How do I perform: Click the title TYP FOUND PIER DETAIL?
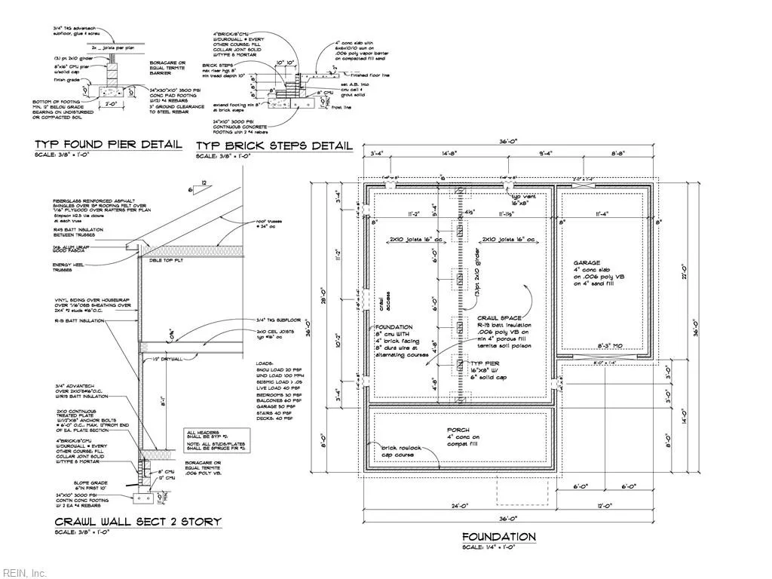pyautogui.click(x=107, y=144)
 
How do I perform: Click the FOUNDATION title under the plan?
pyautogui.click(x=498, y=537)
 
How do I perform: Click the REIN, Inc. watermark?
pyautogui.click(x=24, y=573)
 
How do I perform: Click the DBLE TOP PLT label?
pyautogui.click(x=165, y=260)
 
